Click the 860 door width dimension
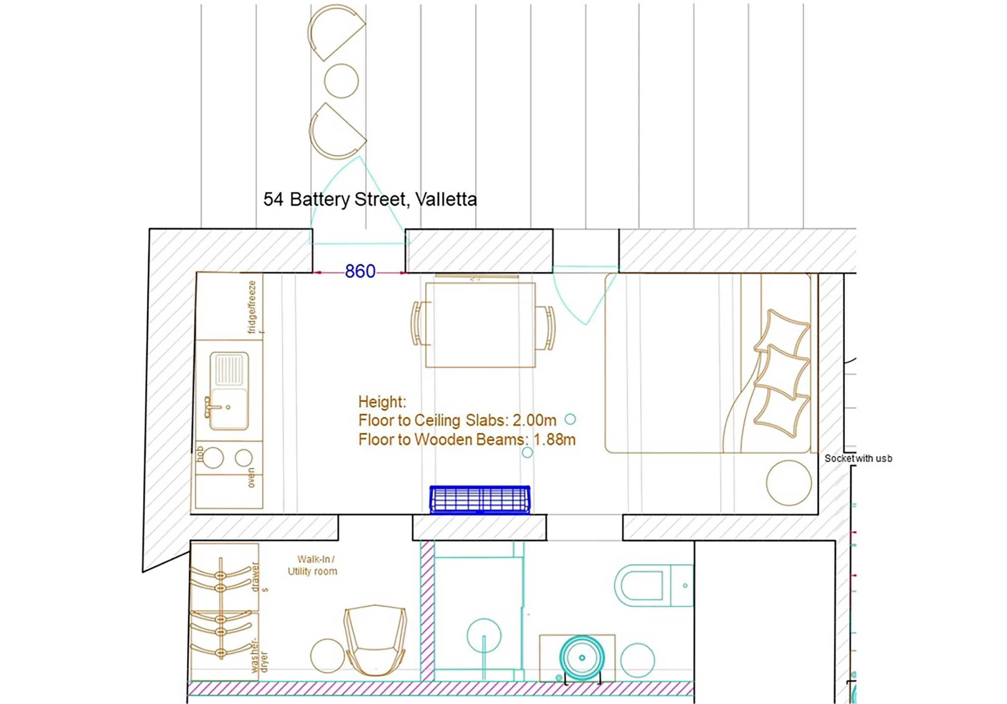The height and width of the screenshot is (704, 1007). click(360, 271)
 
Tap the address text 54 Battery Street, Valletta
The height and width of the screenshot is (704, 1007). click(370, 200)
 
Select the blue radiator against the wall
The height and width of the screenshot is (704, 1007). click(480, 499)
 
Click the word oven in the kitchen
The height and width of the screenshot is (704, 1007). click(251, 478)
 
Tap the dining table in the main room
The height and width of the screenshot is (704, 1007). click(480, 324)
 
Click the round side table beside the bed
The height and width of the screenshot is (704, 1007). click(789, 483)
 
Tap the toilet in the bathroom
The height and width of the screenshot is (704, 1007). click(653, 586)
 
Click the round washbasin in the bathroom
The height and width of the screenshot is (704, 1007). click(582, 657)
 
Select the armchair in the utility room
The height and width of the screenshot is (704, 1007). click(375, 640)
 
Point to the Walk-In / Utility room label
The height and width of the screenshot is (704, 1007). click(313, 565)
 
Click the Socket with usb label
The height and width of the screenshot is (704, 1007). click(858, 458)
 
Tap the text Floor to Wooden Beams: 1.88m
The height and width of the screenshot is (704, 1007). click(467, 439)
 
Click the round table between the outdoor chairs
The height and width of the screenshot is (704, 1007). click(341, 81)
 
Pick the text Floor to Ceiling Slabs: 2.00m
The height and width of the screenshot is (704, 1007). click(457, 420)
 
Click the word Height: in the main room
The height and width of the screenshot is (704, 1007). click(382, 402)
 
